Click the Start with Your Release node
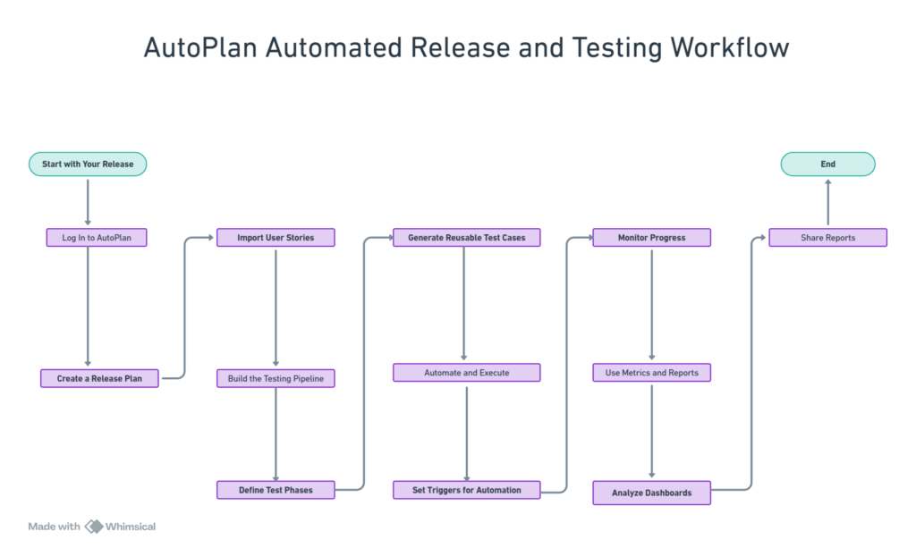pyautogui.click(x=88, y=164)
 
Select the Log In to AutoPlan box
pyautogui.click(x=96, y=238)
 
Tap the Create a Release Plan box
pyautogui.click(x=99, y=379)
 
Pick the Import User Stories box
pyautogui.click(x=276, y=238)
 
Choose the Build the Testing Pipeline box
pyautogui.click(x=276, y=379)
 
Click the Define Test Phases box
pyautogui.click(x=276, y=490)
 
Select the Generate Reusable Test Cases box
pyautogui.click(x=466, y=238)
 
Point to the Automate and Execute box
pyautogui.click(x=466, y=372)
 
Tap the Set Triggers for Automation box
pyautogui.click(x=466, y=490)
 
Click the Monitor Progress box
pyautogui.click(x=651, y=238)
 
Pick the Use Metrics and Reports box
pyautogui.click(x=651, y=372)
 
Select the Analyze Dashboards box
pyautogui.click(x=651, y=493)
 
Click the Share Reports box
pyautogui.click(x=827, y=238)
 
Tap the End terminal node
pyautogui.click(x=827, y=164)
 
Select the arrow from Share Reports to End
pyautogui.click(x=827, y=201)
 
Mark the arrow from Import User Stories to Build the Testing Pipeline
pyautogui.click(x=276, y=308)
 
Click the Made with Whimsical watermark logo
pyautogui.click(x=93, y=527)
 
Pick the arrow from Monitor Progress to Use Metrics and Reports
pyautogui.click(x=651, y=304)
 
